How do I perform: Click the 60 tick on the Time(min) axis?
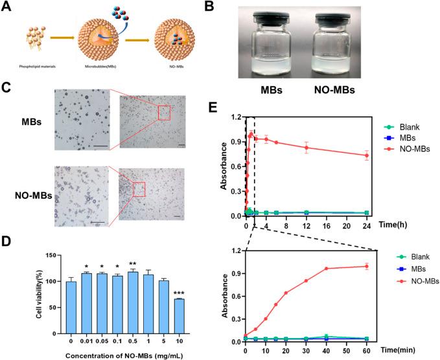(x=367, y=350)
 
